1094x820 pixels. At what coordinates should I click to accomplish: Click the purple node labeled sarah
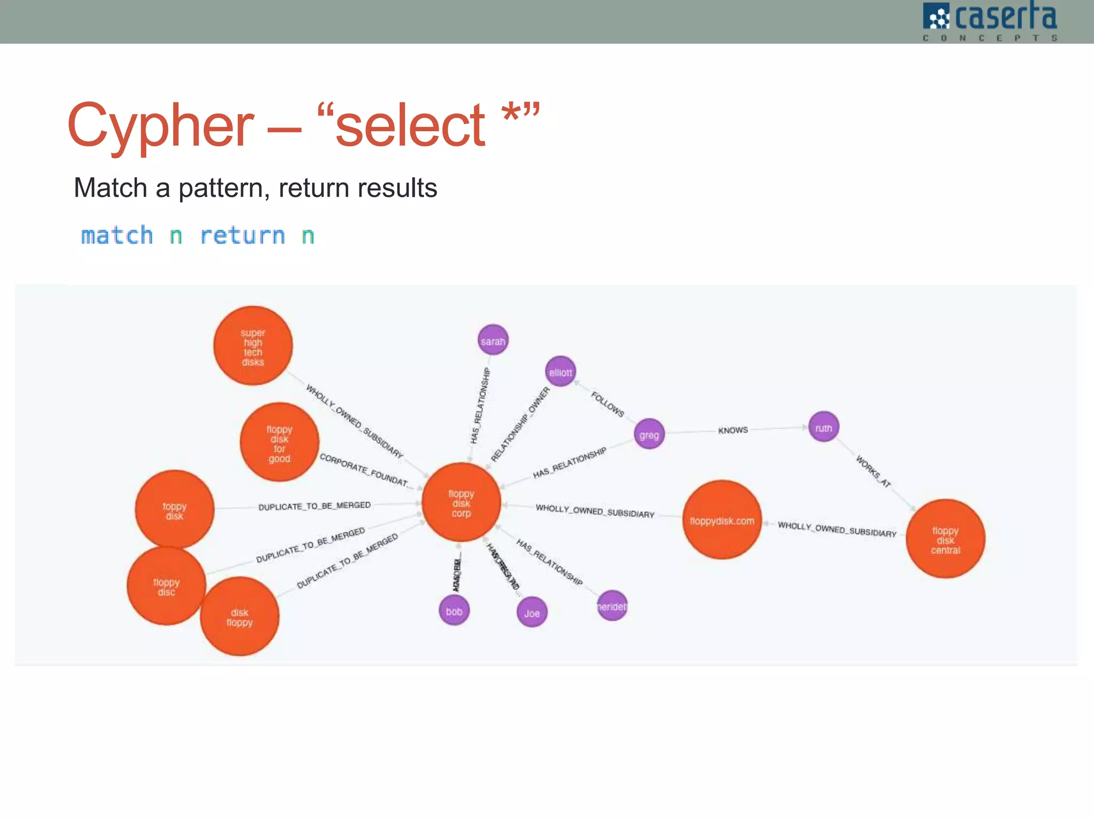coord(493,341)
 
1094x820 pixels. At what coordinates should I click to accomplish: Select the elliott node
coord(560,372)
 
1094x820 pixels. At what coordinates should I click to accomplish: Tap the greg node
coord(649,434)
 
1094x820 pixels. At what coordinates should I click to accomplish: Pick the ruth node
coord(823,427)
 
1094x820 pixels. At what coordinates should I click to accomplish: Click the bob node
coord(454,611)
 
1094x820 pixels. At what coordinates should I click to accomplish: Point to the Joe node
coord(532,612)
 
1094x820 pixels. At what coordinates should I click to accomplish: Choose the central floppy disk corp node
coord(461,503)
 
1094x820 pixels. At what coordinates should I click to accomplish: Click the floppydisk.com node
coord(722,520)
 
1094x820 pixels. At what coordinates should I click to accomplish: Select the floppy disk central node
coord(945,539)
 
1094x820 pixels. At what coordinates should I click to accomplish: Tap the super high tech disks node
coord(253,346)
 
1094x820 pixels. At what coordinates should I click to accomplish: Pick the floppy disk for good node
coord(279,443)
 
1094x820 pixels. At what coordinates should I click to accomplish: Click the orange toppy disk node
coord(174,510)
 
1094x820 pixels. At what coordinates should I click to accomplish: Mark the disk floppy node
coord(239,617)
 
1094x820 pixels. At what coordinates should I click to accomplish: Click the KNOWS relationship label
coord(733,430)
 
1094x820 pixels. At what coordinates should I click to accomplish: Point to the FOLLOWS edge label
coord(607,404)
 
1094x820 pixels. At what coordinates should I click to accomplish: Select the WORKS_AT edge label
coord(873,471)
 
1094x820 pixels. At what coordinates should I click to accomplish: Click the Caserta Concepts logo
coord(990,21)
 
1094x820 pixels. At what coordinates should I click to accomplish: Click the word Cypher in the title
coord(160,125)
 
